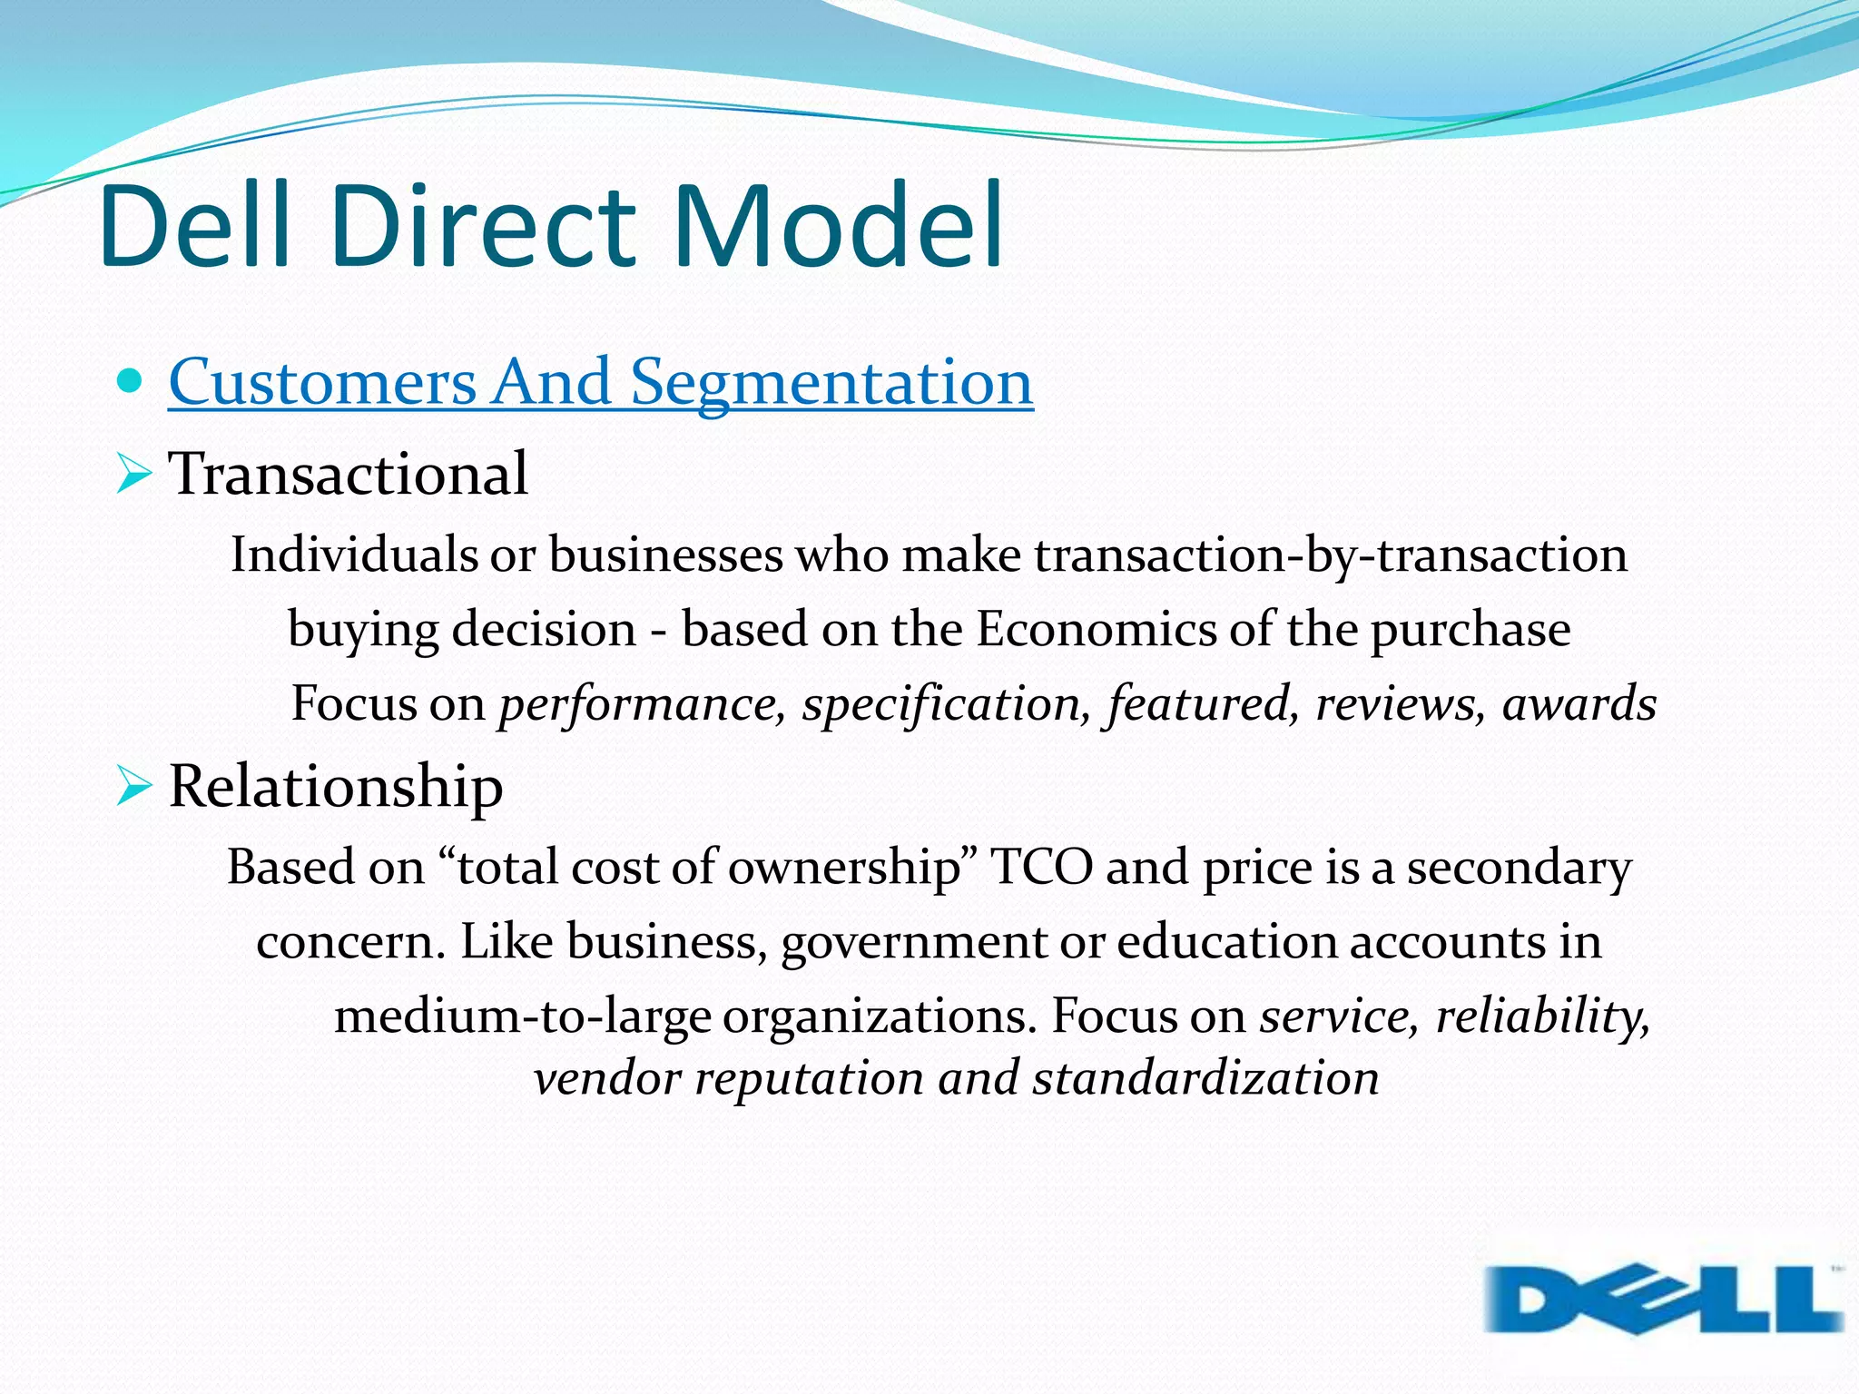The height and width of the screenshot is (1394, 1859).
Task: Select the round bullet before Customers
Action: pos(131,381)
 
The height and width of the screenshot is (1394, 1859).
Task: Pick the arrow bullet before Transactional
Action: pos(133,474)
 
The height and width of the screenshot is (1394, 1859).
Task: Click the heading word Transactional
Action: pos(348,474)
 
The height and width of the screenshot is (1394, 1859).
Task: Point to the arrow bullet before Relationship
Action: pos(133,785)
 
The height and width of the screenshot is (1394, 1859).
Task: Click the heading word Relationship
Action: pos(336,786)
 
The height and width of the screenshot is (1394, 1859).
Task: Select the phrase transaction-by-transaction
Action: pos(1331,555)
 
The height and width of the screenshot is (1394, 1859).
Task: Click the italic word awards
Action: pos(1579,703)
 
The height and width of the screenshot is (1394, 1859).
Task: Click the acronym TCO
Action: pos(1042,867)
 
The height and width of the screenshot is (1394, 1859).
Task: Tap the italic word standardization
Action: pos(1205,1078)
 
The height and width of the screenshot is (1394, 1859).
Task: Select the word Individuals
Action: pos(354,555)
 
